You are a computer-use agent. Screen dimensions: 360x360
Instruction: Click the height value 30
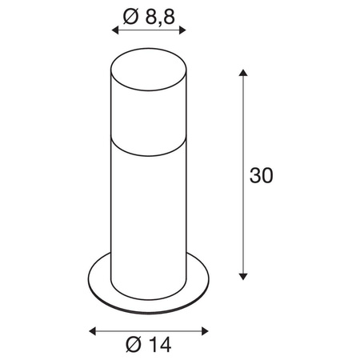tap(261, 175)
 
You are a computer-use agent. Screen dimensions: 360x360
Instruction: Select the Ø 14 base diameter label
tap(148, 346)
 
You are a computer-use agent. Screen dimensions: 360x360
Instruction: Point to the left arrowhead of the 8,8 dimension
tap(114, 30)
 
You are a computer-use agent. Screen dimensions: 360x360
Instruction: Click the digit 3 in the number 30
tap(255, 175)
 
